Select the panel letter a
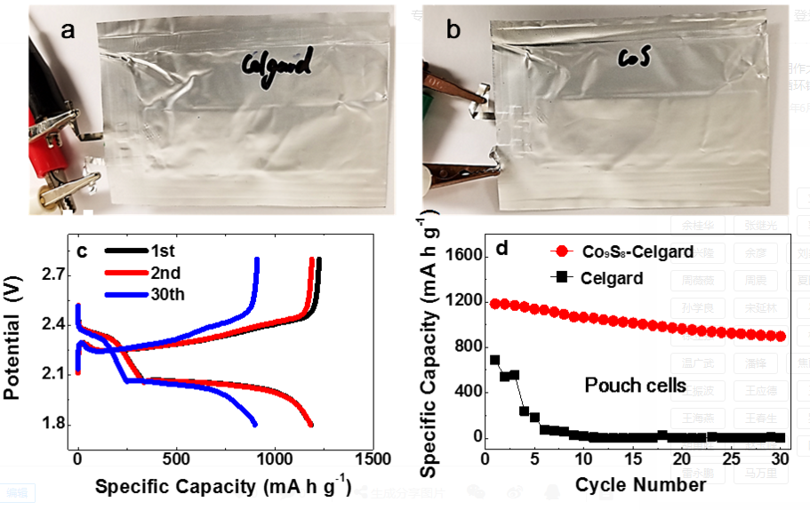[x=68, y=31]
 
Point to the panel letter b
[x=453, y=31]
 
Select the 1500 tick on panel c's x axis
[x=371, y=458]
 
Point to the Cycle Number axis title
[x=640, y=484]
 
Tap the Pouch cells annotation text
[x=634, y=385]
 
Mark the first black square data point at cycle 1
[x=495, y=360]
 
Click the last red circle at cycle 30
[x=781, y=337]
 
